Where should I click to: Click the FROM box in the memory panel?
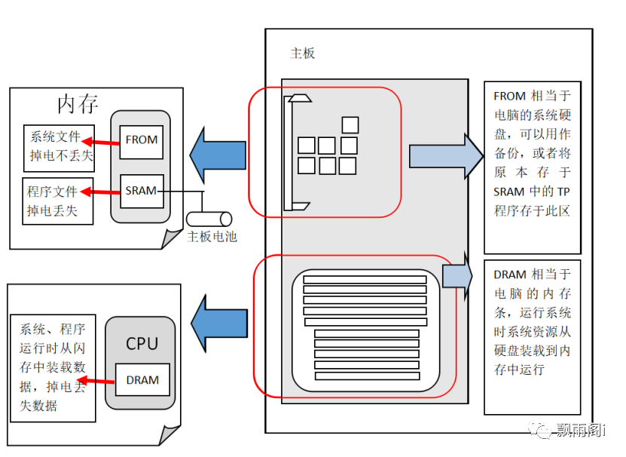point(142,140)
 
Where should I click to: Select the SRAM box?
point(142,191)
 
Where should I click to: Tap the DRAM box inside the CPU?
point(142,380)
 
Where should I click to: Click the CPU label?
point(142,344)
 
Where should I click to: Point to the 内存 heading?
point(78,104)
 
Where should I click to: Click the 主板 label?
point(303,53)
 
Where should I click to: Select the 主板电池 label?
point(212,237)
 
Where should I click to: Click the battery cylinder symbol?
point(209,219)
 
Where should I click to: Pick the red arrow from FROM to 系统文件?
point(101,141)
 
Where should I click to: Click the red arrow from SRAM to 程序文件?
point(101,192)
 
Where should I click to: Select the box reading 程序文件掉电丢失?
point(58,201)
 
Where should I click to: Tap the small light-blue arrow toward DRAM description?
point(457,277)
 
